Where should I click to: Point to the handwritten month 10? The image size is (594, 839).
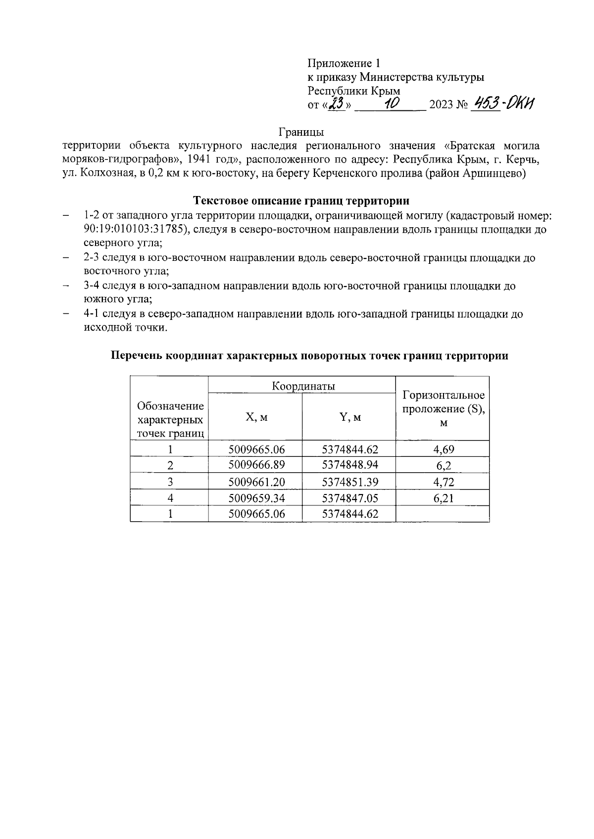point(391,104)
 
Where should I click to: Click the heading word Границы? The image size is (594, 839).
point(301,132)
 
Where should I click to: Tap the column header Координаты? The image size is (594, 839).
point(303,386)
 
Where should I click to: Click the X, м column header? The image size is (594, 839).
point(256,417)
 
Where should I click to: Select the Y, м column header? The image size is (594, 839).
point(350,417)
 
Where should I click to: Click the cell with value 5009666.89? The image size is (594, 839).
point(256,465)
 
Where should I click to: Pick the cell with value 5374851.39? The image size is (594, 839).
point(350,482)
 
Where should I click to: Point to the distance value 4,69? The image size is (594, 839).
point(444,449)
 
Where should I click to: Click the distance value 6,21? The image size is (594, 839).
point(444,498)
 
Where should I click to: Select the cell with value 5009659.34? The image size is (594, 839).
point(256,498)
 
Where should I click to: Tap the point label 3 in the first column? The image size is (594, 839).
point(170,482)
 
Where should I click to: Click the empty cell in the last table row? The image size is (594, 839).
point(444,514)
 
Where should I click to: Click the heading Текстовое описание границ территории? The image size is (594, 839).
point(301,201)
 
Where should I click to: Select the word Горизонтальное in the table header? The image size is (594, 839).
point(444,395)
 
